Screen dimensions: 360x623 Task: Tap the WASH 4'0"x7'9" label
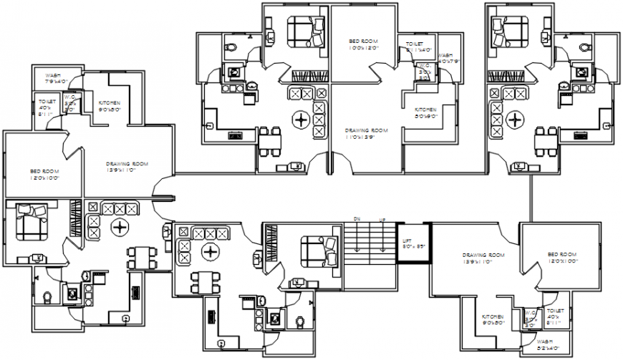point(445,58)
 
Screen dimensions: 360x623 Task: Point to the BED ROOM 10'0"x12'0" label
point(363,44)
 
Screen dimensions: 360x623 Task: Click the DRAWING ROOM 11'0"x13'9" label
point(365,134)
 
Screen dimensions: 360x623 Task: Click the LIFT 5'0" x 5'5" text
point(412,243)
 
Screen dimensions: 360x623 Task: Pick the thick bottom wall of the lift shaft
point(413,263)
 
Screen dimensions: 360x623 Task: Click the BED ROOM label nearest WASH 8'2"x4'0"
point(562,258)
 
